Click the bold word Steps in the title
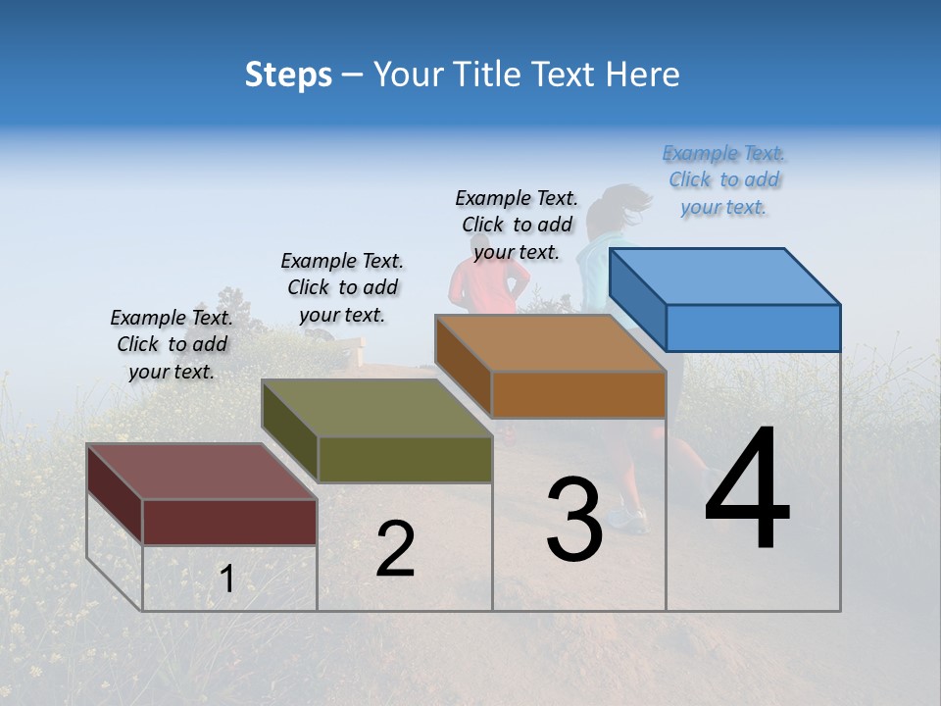[288, 75]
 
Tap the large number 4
[747, 490]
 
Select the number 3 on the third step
[574, 520]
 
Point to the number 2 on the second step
[395, 549]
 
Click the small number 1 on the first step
[226, 580]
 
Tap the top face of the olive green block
[377, 408]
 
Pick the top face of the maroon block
[202, 472]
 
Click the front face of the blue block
[753, 328]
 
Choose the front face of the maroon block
[229, 522]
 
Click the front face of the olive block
[405, 459]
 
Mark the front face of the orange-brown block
[578, 394]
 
